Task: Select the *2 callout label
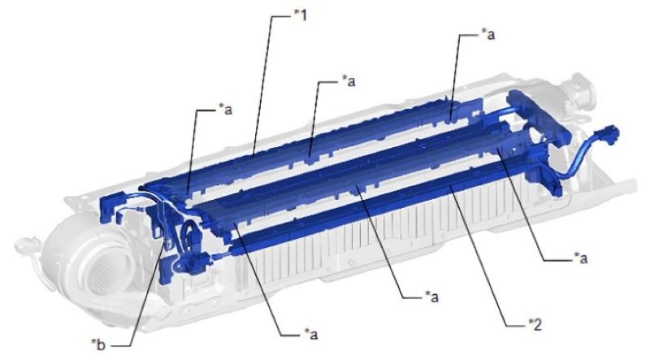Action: click(x=535, y=324)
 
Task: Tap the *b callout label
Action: click(x=98, y=344)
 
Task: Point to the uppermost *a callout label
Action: click(x=487, y=34)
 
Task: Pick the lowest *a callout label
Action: click(x=310, y=333)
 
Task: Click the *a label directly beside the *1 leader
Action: click(x=349, y=81)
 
